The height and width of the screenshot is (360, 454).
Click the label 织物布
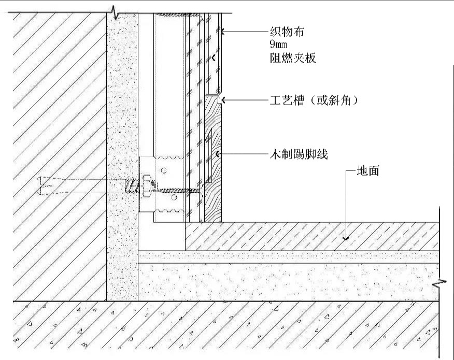(x=287, y=32)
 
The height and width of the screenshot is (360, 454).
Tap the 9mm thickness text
(x=278, y=44)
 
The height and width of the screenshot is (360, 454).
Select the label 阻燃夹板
(x=293, y=58)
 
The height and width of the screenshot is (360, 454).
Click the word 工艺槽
(x=287, y=100)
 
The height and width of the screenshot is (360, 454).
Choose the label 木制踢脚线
(x=299, y=154)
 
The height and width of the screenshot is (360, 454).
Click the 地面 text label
(x=368, y=171)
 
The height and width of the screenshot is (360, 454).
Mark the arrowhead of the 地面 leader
(x=346, y=238)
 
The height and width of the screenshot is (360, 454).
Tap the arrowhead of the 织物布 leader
(x=223, y=31)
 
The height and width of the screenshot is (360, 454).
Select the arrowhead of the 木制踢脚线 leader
(x=217, y=154)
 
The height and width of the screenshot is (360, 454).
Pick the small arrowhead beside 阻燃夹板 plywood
(x=214, y=58)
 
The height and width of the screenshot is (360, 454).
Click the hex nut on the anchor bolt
(x=148, y=186)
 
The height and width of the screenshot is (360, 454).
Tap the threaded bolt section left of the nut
(x=132, y=186)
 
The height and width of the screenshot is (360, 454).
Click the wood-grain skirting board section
(x=214, y=159)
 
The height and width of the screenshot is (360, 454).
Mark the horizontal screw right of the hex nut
(x=179, y=191)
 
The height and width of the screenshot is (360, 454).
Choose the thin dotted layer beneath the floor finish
(x=289, y=257)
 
